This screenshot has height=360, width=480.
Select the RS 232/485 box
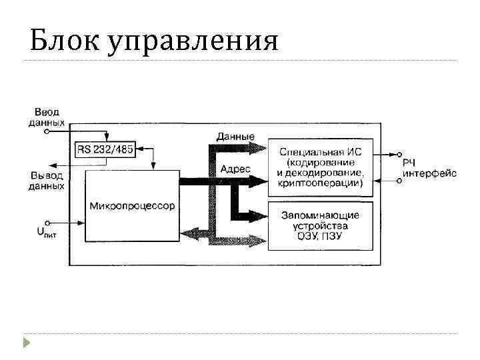(104, 149)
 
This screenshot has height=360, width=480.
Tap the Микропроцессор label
(132, 206)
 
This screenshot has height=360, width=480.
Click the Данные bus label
(235, 136)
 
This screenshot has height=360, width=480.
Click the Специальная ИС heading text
(321, 151)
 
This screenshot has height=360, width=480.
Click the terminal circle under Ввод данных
(46, 132)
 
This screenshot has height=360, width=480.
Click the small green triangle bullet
(27, 344)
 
